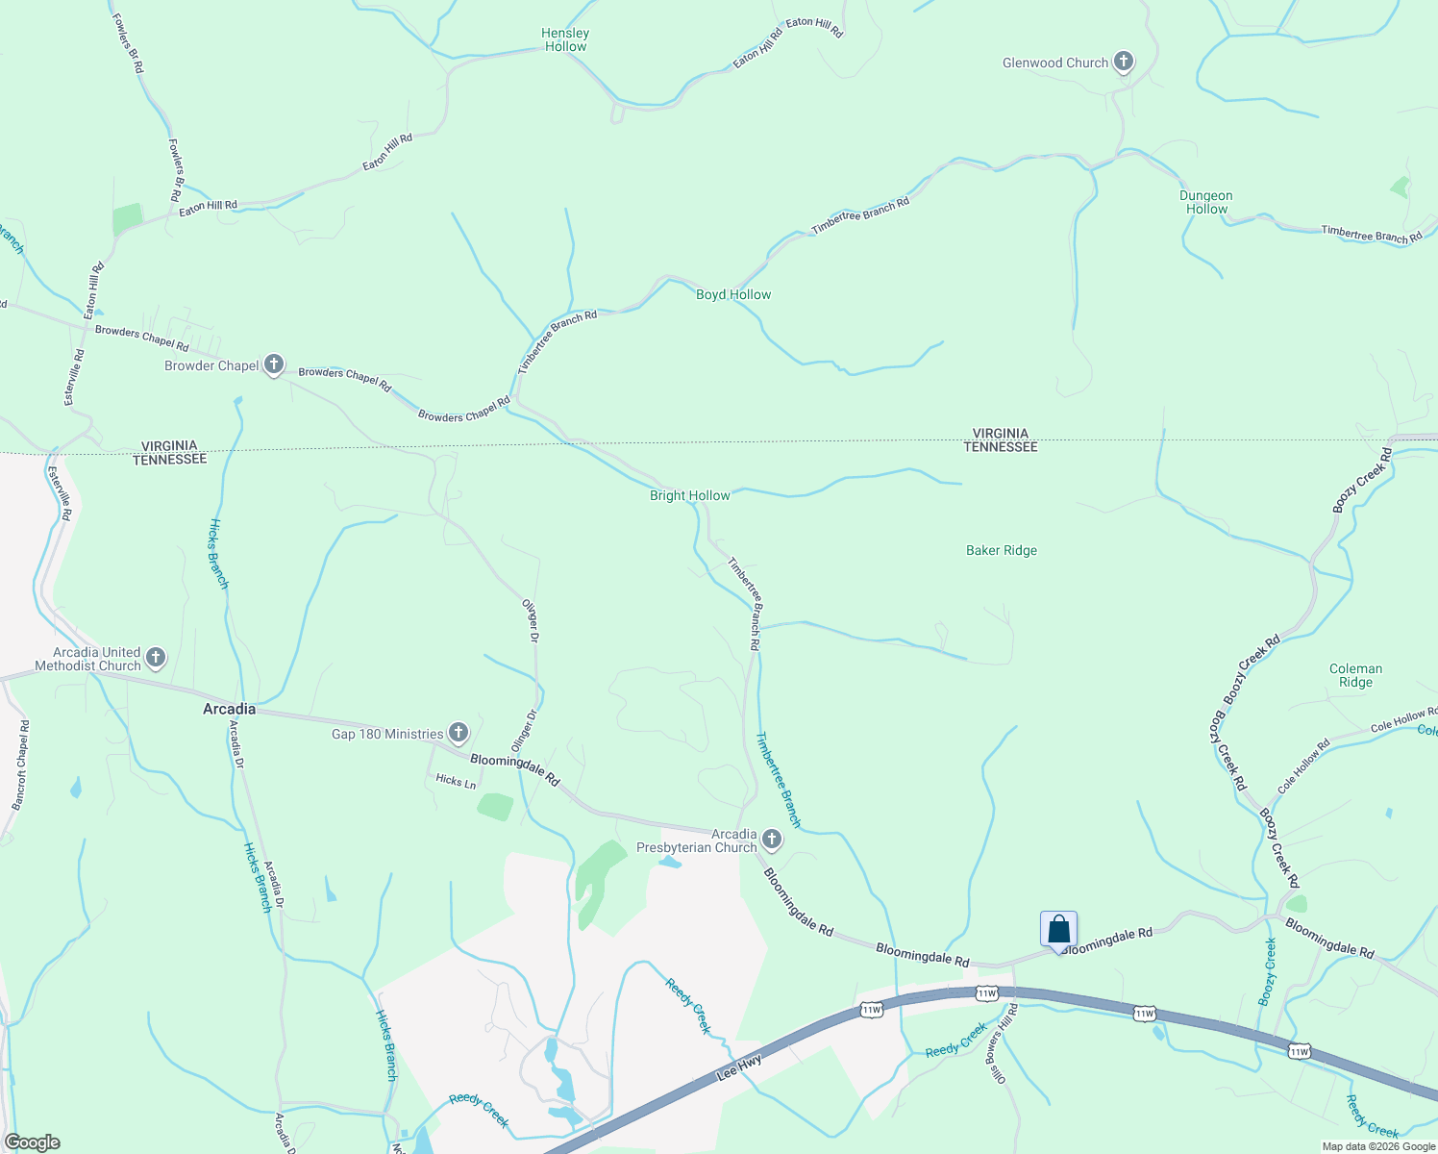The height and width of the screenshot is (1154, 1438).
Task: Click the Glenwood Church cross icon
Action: [1123, 63]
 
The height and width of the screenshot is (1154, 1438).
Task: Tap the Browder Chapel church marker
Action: [274, 364]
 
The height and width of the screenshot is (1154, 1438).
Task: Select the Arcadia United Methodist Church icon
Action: [156, 659]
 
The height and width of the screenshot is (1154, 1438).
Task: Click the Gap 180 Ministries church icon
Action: [459, 734]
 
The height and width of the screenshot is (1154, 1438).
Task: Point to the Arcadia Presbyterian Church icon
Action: [771, 840]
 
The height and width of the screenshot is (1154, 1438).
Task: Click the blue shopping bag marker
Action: [1058, 930]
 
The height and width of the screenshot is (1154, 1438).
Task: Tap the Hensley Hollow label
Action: [565, 39]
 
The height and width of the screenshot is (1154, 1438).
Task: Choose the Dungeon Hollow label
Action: [1206, 202]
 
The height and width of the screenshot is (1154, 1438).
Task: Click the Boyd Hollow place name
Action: [733, 294]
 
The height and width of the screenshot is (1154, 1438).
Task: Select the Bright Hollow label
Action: [690, 495]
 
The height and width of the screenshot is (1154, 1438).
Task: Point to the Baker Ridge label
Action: [1002, 550]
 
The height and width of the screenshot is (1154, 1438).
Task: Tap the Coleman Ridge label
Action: [1355, 675]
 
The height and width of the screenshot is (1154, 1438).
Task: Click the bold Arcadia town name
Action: [230, 709]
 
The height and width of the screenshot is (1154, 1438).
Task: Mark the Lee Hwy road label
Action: [740, 1066]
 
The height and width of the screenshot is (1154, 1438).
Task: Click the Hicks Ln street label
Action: [456, 781]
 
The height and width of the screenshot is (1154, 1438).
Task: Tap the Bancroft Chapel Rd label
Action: [20, 765]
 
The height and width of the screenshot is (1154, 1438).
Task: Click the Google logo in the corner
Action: [32, 1142]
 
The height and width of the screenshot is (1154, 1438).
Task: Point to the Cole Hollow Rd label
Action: [1303, 765]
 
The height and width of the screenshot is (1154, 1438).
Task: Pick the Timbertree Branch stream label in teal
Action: [778, 779]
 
